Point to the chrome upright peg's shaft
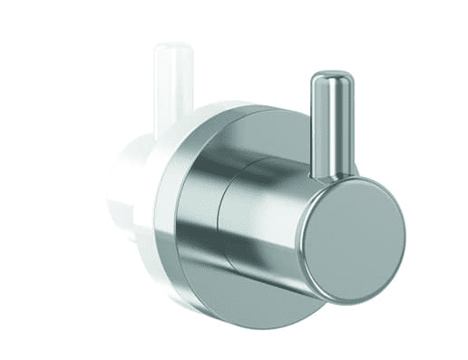tap(332, 127)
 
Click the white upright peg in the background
tap(172, 91)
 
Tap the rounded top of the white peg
tap(172, 47)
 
